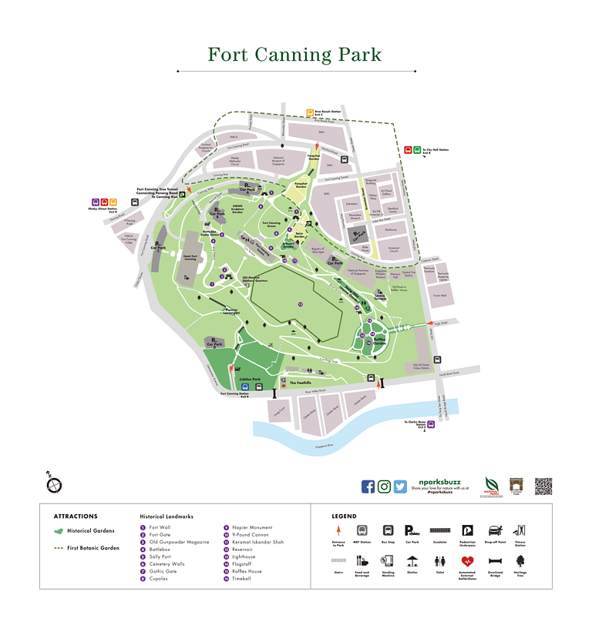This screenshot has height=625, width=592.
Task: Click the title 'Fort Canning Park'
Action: click(x=294, y=55)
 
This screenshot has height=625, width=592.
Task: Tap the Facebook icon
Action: click(x=368, y=486)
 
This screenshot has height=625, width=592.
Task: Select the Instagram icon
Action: click(x=385, y=486)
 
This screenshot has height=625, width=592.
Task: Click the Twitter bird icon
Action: click(x=400, y=486)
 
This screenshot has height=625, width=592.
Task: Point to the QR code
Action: click(x=543, y=486)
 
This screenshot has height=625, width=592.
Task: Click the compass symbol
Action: click(x=53, y=484)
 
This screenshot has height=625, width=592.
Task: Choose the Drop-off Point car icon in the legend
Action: click(x=493, y=530)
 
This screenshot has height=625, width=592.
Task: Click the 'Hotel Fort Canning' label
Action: click(x=190, y=258)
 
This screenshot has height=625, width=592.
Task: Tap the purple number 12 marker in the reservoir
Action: click(x=301, y=305)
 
